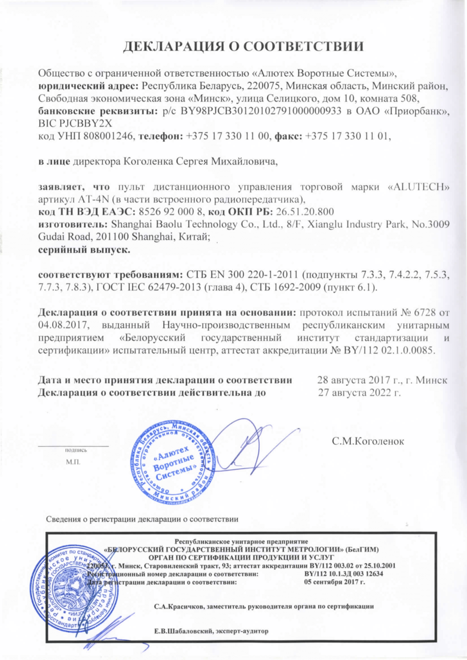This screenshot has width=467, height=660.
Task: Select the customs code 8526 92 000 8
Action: pos(171,212)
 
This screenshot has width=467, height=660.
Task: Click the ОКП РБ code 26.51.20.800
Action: pos(305,212)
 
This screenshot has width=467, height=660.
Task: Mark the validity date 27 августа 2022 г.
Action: pos(359,393)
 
